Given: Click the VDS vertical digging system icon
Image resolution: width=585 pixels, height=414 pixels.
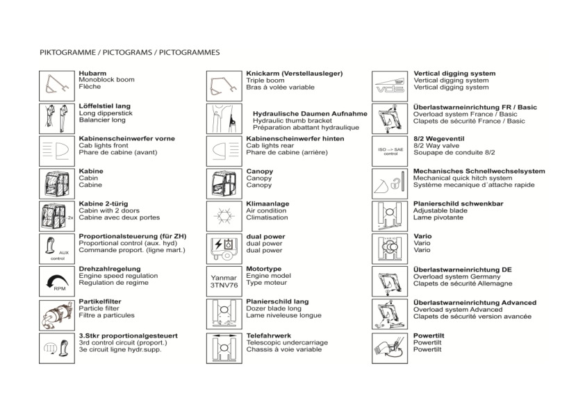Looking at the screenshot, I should tap(389, 85).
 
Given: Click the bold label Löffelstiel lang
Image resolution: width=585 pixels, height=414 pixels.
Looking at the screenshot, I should tap(105, 106).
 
